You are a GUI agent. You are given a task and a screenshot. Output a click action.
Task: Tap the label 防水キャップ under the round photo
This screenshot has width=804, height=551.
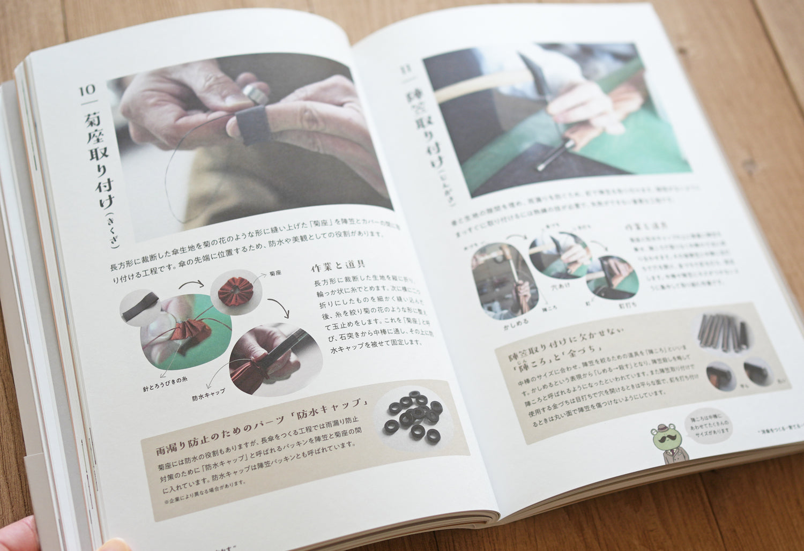pos(210,398)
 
